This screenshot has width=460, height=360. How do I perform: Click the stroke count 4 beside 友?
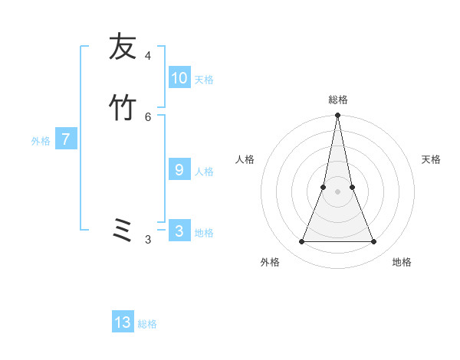[x=148, y=55]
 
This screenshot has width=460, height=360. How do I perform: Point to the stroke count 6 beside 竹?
[x=148, y=116]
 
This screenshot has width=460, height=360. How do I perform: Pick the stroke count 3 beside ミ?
[x=148, y=240]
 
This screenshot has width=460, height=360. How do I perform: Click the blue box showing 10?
[x=179, y=78]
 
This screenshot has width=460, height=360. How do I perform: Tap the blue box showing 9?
[x=179, y=170]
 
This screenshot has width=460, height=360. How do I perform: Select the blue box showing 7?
[x=66, y=139]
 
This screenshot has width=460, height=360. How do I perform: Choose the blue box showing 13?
[x=123, y=322]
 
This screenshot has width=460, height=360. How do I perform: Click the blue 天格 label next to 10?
[x=204, y=80]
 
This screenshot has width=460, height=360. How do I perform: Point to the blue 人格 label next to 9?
[x=204, y=172]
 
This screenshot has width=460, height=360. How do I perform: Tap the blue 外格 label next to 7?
[x=41, y=141]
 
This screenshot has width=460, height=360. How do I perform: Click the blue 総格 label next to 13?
[x=147, y=324]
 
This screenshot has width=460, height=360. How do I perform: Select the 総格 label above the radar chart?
[x=337, y=100]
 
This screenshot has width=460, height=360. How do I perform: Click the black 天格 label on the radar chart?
[x=431, y=159]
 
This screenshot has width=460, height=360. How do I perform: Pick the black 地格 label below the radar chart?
[x=402, y=262]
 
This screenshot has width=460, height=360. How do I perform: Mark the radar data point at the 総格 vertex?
[x=337, y=116]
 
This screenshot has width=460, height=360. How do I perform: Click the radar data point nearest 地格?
[x=374, y=242]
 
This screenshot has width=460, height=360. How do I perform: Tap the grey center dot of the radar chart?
[x=337, y=191]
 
